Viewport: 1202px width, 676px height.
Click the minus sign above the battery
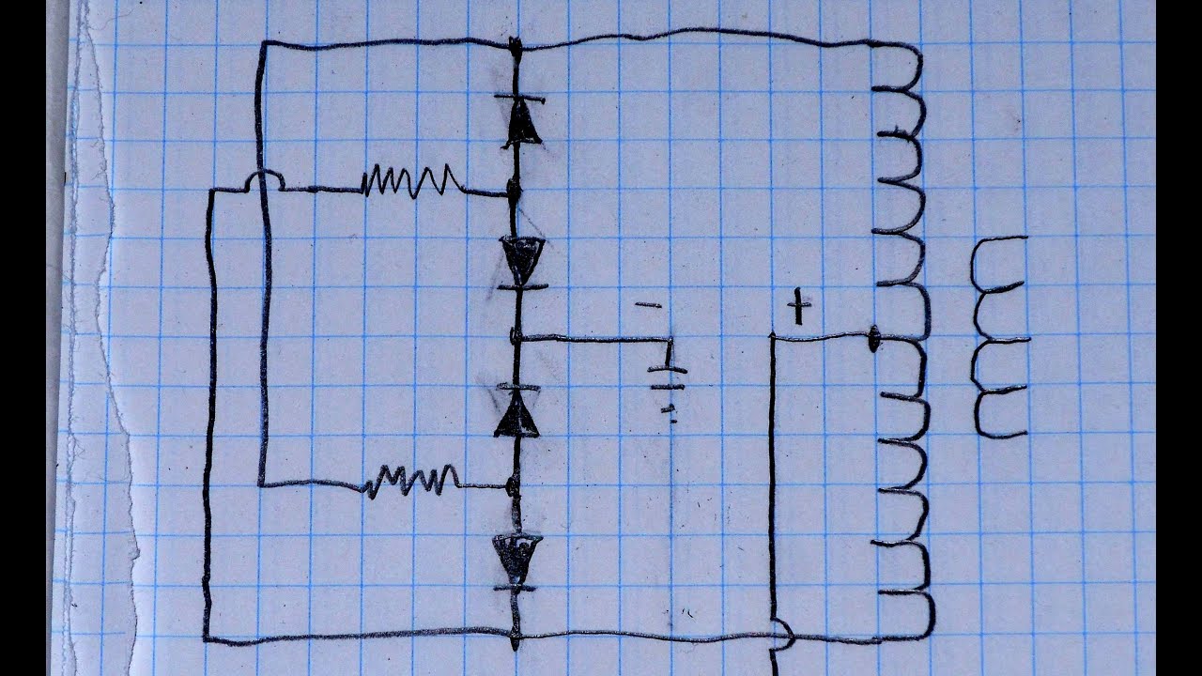(648, 305)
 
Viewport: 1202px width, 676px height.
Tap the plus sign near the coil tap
(798, 307)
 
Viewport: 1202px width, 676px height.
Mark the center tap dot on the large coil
(873, 339)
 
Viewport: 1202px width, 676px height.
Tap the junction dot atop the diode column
(515, 44)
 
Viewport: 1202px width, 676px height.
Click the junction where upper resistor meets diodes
(514, 191)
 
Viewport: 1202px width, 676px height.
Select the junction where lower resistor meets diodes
(512, 486)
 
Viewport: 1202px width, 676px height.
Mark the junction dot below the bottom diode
(515, 641)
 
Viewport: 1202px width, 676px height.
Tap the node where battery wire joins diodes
(515, 336)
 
